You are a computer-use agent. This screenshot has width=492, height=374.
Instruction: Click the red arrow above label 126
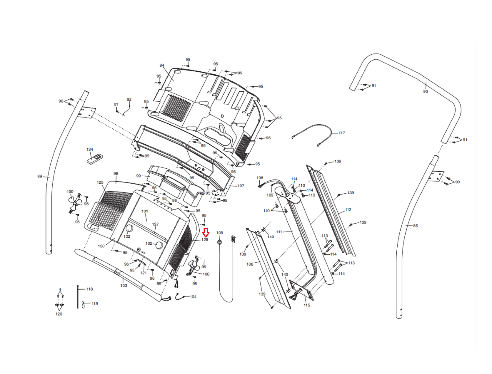(205, 232)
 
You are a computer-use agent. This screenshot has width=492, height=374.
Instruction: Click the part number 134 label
(90, 149)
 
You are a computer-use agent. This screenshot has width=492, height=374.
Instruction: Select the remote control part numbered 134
(95, 159)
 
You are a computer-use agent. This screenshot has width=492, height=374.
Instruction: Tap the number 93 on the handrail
(426, 91)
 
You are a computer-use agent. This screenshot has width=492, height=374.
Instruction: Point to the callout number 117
(342, 133)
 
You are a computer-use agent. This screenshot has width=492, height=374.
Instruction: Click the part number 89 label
(40, 176)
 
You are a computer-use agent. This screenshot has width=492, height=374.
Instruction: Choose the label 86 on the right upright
(415, 226)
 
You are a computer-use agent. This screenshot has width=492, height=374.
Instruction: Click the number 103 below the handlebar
(124, 286)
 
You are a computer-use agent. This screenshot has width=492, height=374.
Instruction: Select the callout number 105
(220, 232)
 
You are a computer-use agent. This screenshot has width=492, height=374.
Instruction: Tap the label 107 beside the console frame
(241, 186)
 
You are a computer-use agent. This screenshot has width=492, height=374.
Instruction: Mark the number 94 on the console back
(162, 65)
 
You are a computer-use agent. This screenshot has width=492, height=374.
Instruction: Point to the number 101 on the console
(145, 211)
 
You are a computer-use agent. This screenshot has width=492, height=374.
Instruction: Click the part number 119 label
(95, 303)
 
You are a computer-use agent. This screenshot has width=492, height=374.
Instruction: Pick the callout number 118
(89, 289)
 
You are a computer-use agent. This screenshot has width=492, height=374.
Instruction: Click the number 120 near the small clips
(59, 314)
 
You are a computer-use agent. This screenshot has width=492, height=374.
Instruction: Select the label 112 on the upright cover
(348, 210)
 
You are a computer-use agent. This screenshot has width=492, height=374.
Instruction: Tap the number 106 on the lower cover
(250, 264)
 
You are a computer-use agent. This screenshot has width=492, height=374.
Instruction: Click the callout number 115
(307, 305)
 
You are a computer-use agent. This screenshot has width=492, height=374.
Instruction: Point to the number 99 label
(138, 176)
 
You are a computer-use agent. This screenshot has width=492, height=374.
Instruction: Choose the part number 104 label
(193, 297)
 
